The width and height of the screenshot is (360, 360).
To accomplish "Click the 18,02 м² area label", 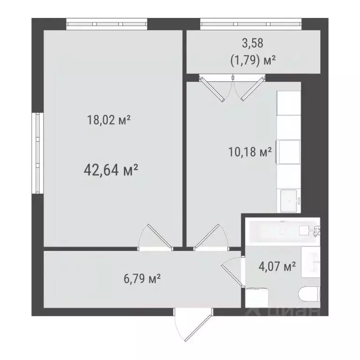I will pyautogui.click(x=108, y=120).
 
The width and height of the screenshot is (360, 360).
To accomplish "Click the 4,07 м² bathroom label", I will pyautogui.click(x=277, y=267).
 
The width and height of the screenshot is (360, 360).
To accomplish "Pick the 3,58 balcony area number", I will pyautogui.click(x=253, y=44).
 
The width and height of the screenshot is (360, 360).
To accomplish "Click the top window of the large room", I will pyautogui.click(x=106, y=23).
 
